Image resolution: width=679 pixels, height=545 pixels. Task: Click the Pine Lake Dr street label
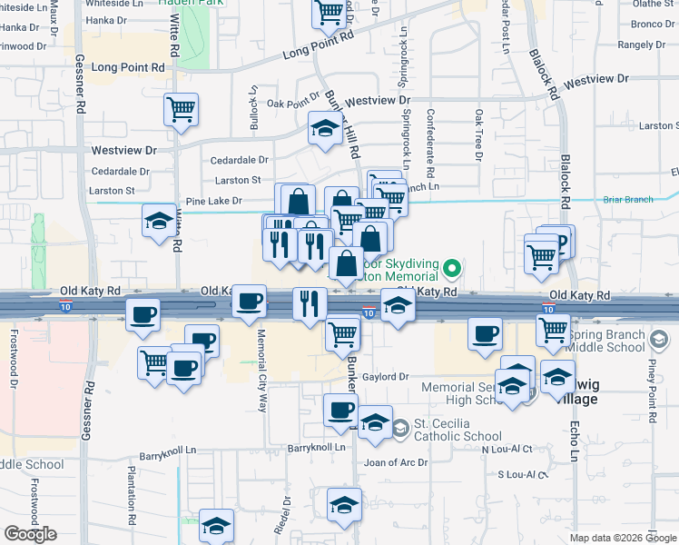coord(213,201)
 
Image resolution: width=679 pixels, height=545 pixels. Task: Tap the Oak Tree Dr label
coord(478,135)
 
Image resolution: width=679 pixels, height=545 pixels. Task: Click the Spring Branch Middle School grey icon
coord(661,340)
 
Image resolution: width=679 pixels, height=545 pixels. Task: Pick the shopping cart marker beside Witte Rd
coord(182,110)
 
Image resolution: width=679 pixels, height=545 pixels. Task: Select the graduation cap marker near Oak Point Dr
coord(324,128)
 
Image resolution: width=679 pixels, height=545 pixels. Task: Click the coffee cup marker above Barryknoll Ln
coord(341,411)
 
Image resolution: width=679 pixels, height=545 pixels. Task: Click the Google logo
coord(31,534)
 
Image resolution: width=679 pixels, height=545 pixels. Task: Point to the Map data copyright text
coord(622,538)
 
